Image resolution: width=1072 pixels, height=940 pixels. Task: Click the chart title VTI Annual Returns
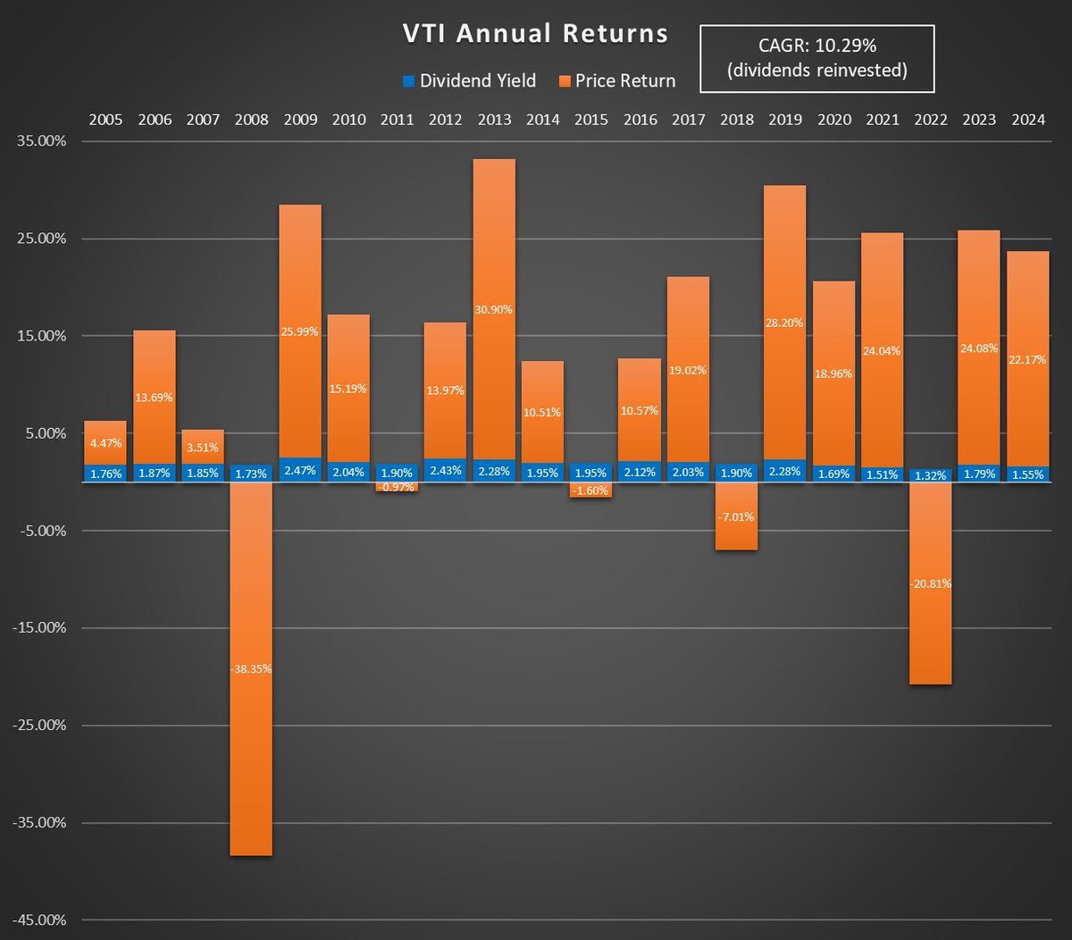[535, 34]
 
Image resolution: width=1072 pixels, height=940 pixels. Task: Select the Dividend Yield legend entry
[469, 80]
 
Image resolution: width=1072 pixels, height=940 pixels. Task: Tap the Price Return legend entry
[616, 80]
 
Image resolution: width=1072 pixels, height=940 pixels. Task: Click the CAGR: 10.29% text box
[817, 59]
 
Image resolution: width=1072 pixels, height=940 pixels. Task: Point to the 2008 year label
[251, 120]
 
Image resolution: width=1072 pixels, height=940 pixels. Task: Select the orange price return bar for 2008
[251, 760]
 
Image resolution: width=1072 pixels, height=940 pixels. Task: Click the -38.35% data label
[251, 668]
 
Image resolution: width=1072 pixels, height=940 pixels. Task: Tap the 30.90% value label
[494, 309]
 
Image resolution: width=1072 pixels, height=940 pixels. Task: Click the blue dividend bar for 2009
[299, 470]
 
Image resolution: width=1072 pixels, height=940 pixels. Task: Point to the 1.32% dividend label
[931, 475]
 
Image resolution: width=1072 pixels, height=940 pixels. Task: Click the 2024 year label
[1027, 120]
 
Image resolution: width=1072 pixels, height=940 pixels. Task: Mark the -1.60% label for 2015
[591, 491]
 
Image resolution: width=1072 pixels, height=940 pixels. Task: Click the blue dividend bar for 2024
[1027, 474]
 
